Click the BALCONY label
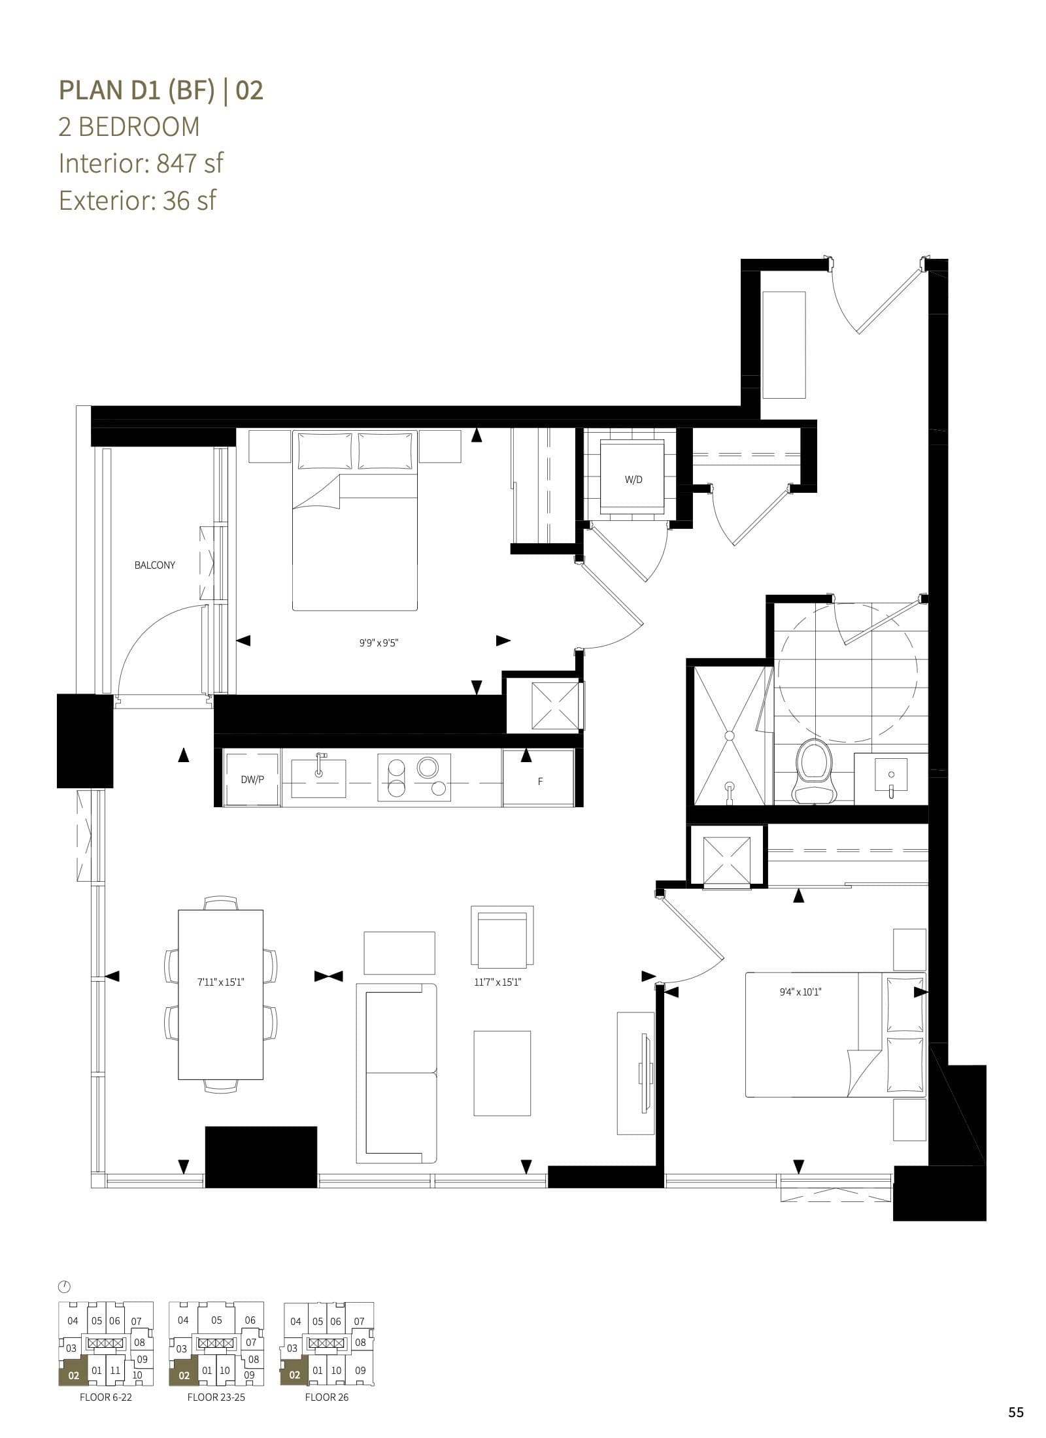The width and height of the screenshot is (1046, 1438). tap(154, 565)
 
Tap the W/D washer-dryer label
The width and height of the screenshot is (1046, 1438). tap(633, 479)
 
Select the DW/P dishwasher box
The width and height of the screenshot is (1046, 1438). tap(252, 780)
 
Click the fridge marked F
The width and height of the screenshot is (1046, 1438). tap(540, 781)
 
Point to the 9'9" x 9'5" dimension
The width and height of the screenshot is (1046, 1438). tap(379, 643)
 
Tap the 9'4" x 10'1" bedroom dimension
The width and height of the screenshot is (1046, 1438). tap(800, 992)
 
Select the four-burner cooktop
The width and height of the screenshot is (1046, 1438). tap(414, 777)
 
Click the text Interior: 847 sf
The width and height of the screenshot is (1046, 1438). tap(141, 163)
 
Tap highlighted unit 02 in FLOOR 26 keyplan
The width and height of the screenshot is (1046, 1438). tap(294, 1375)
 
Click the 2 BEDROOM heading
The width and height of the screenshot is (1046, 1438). tap(129, 126)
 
